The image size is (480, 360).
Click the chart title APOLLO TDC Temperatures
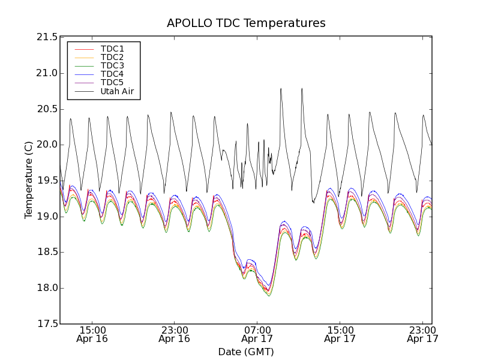point(246,23)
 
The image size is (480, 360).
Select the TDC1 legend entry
point(112,49)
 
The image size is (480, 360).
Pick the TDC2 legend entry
point(112,57)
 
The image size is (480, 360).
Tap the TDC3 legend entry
point(112,65)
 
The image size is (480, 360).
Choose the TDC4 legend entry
point(112,74)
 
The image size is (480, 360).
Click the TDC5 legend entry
point(112,83)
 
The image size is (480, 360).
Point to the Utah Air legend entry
point(116,91)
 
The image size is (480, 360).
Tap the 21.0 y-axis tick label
point(46,73)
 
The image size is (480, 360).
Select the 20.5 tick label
point(46,109)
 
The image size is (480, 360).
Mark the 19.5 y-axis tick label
point(46,181)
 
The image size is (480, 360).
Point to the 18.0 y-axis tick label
point(46,288)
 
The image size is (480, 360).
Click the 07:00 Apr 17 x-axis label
point(257,334)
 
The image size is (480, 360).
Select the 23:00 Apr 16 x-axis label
point(175,334)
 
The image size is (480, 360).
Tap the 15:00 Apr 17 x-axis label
point(340,334)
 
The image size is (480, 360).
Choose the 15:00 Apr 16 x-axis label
point(92,334)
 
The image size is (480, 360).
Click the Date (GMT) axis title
point(246,352)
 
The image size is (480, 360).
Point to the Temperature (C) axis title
point(28,180)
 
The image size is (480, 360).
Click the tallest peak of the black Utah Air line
point(281,89)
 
